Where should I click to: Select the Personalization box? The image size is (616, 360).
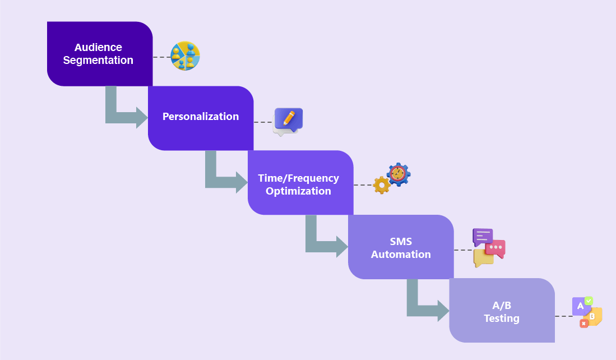pyautogui.click(x=201, y=118)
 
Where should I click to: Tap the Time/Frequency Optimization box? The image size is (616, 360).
pyautogui.click(x=300, y=183)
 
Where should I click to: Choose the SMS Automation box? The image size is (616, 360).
pyautogui.click(x=401, y=247)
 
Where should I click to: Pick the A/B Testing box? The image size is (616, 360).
pyautogui.click(x=502, y=311)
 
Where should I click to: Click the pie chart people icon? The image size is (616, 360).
pyautogui.click(x=185, y=56)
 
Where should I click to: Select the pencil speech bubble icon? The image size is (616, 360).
pyautogui.click(x=288, y=121)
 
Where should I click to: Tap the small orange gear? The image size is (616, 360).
pyautogui.click(x=382, y=185)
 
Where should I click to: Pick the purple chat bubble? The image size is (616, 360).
pyautogui.click(x=481, y=236)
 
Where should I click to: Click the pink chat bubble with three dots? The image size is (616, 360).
pyautogui.click(x=496, y=248)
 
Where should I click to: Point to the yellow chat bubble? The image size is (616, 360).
pyautogui.click(x=483, y=258)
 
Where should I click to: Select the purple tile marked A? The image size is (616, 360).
pyautogui.click(x=580, y=306)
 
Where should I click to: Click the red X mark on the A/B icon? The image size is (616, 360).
pyautogui.click(x=583, y=324)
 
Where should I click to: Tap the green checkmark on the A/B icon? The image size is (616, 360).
pyautogui.click(x=589, y=301)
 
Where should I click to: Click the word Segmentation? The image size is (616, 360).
pyautogui.click(x=98, y=61)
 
